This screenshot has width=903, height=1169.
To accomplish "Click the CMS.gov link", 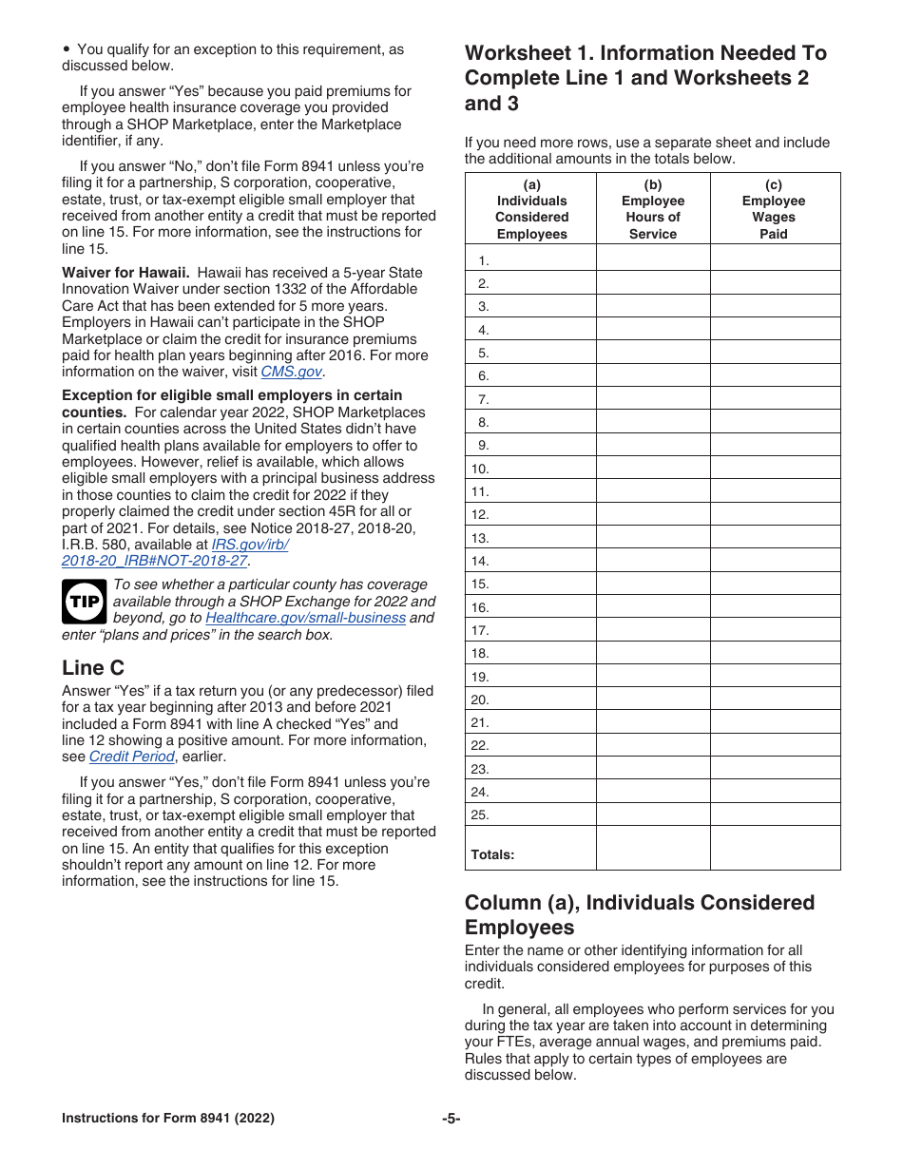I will point(291,373).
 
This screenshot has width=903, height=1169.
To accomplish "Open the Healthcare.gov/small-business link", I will point(305,618).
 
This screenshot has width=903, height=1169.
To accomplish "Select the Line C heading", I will point(93,667).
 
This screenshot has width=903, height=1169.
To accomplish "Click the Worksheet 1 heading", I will point(645,78).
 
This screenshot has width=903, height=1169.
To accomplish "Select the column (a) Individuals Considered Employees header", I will point(531,209).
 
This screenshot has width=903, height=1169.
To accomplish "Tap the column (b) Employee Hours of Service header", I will point(653,209).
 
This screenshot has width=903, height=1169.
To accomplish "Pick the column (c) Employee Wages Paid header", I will point(774,209).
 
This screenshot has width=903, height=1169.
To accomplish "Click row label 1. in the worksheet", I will point(484,261).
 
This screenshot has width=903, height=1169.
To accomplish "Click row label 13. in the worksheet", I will point(480,538).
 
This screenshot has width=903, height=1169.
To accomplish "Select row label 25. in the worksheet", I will point(480,814).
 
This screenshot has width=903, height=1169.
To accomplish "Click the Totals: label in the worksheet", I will point(492,854).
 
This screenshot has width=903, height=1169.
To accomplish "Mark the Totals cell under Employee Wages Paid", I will point(774,848).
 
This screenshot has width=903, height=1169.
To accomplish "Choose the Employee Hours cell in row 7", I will point(653,399).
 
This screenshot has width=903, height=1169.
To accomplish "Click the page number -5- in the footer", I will point(451,1119).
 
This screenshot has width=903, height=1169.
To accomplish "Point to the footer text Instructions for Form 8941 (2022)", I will point(168,1119).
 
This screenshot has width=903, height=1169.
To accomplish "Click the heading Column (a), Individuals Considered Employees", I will point(639,914).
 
